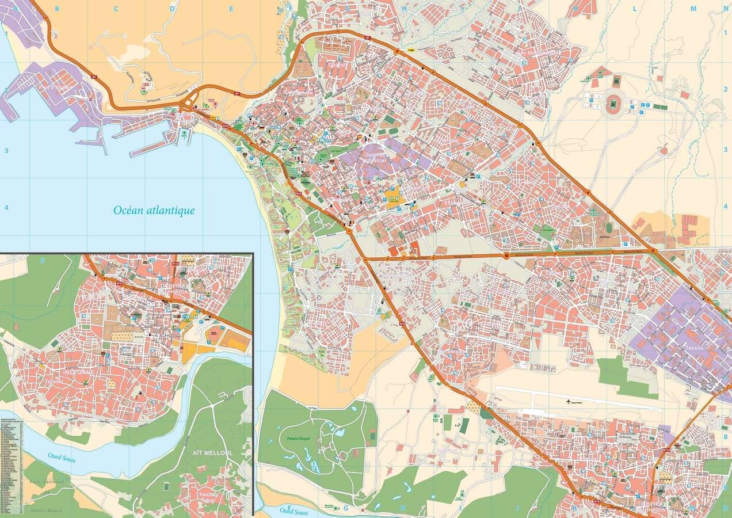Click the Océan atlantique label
154,211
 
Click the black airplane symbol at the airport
570,401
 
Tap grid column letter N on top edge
724,9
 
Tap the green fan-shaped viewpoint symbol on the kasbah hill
143,91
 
